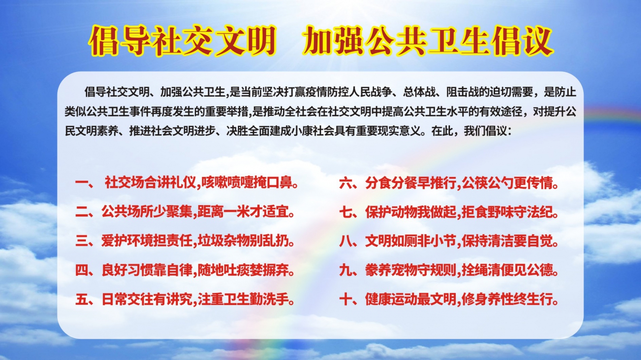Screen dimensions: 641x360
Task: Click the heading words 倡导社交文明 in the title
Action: point(183,41)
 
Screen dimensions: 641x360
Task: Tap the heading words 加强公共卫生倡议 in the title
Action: point(428,41)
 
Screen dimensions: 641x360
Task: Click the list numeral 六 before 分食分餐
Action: point(346,183)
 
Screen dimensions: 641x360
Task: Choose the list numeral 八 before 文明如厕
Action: point(346,242)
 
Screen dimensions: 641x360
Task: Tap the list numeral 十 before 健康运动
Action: point(346,299)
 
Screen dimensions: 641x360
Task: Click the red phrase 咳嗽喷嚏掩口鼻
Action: point(247,182)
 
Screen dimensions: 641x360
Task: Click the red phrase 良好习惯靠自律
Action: point(147,270)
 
